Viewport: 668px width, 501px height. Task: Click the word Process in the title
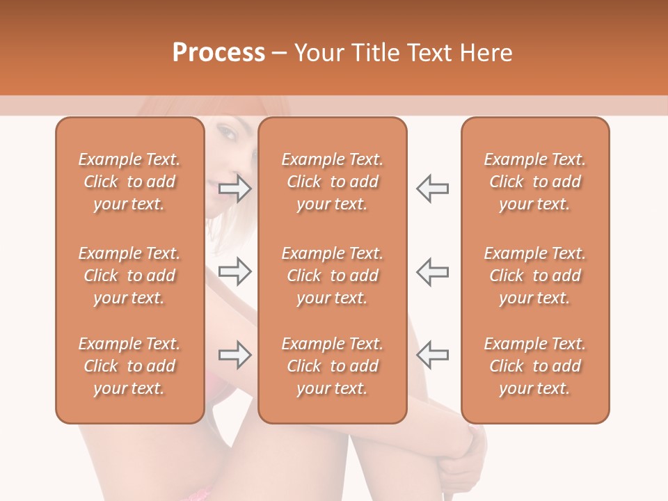[x=218, y=53]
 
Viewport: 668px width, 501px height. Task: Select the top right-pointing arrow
[x=235, y=188]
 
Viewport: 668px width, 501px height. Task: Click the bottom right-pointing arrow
[x=235, y=355]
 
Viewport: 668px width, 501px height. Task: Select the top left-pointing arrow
[x=432, y=188]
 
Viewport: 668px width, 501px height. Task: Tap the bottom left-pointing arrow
[x=432, y=355]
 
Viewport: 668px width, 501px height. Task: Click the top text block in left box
[x=129, y=182]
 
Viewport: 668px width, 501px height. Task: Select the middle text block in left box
[x=129, y=276]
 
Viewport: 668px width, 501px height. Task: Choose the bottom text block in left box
[x=129, y=366]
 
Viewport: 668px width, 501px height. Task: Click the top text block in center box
[x=333, y=182]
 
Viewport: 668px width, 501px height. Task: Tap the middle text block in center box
[x=333, y=276]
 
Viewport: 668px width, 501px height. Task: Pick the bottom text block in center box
[x=333, y=366]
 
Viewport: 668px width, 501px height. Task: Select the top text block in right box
[x=535, y=182]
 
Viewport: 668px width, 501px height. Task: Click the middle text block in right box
[x=535, y=276]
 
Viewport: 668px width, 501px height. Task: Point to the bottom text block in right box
[x=535, y=366]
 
